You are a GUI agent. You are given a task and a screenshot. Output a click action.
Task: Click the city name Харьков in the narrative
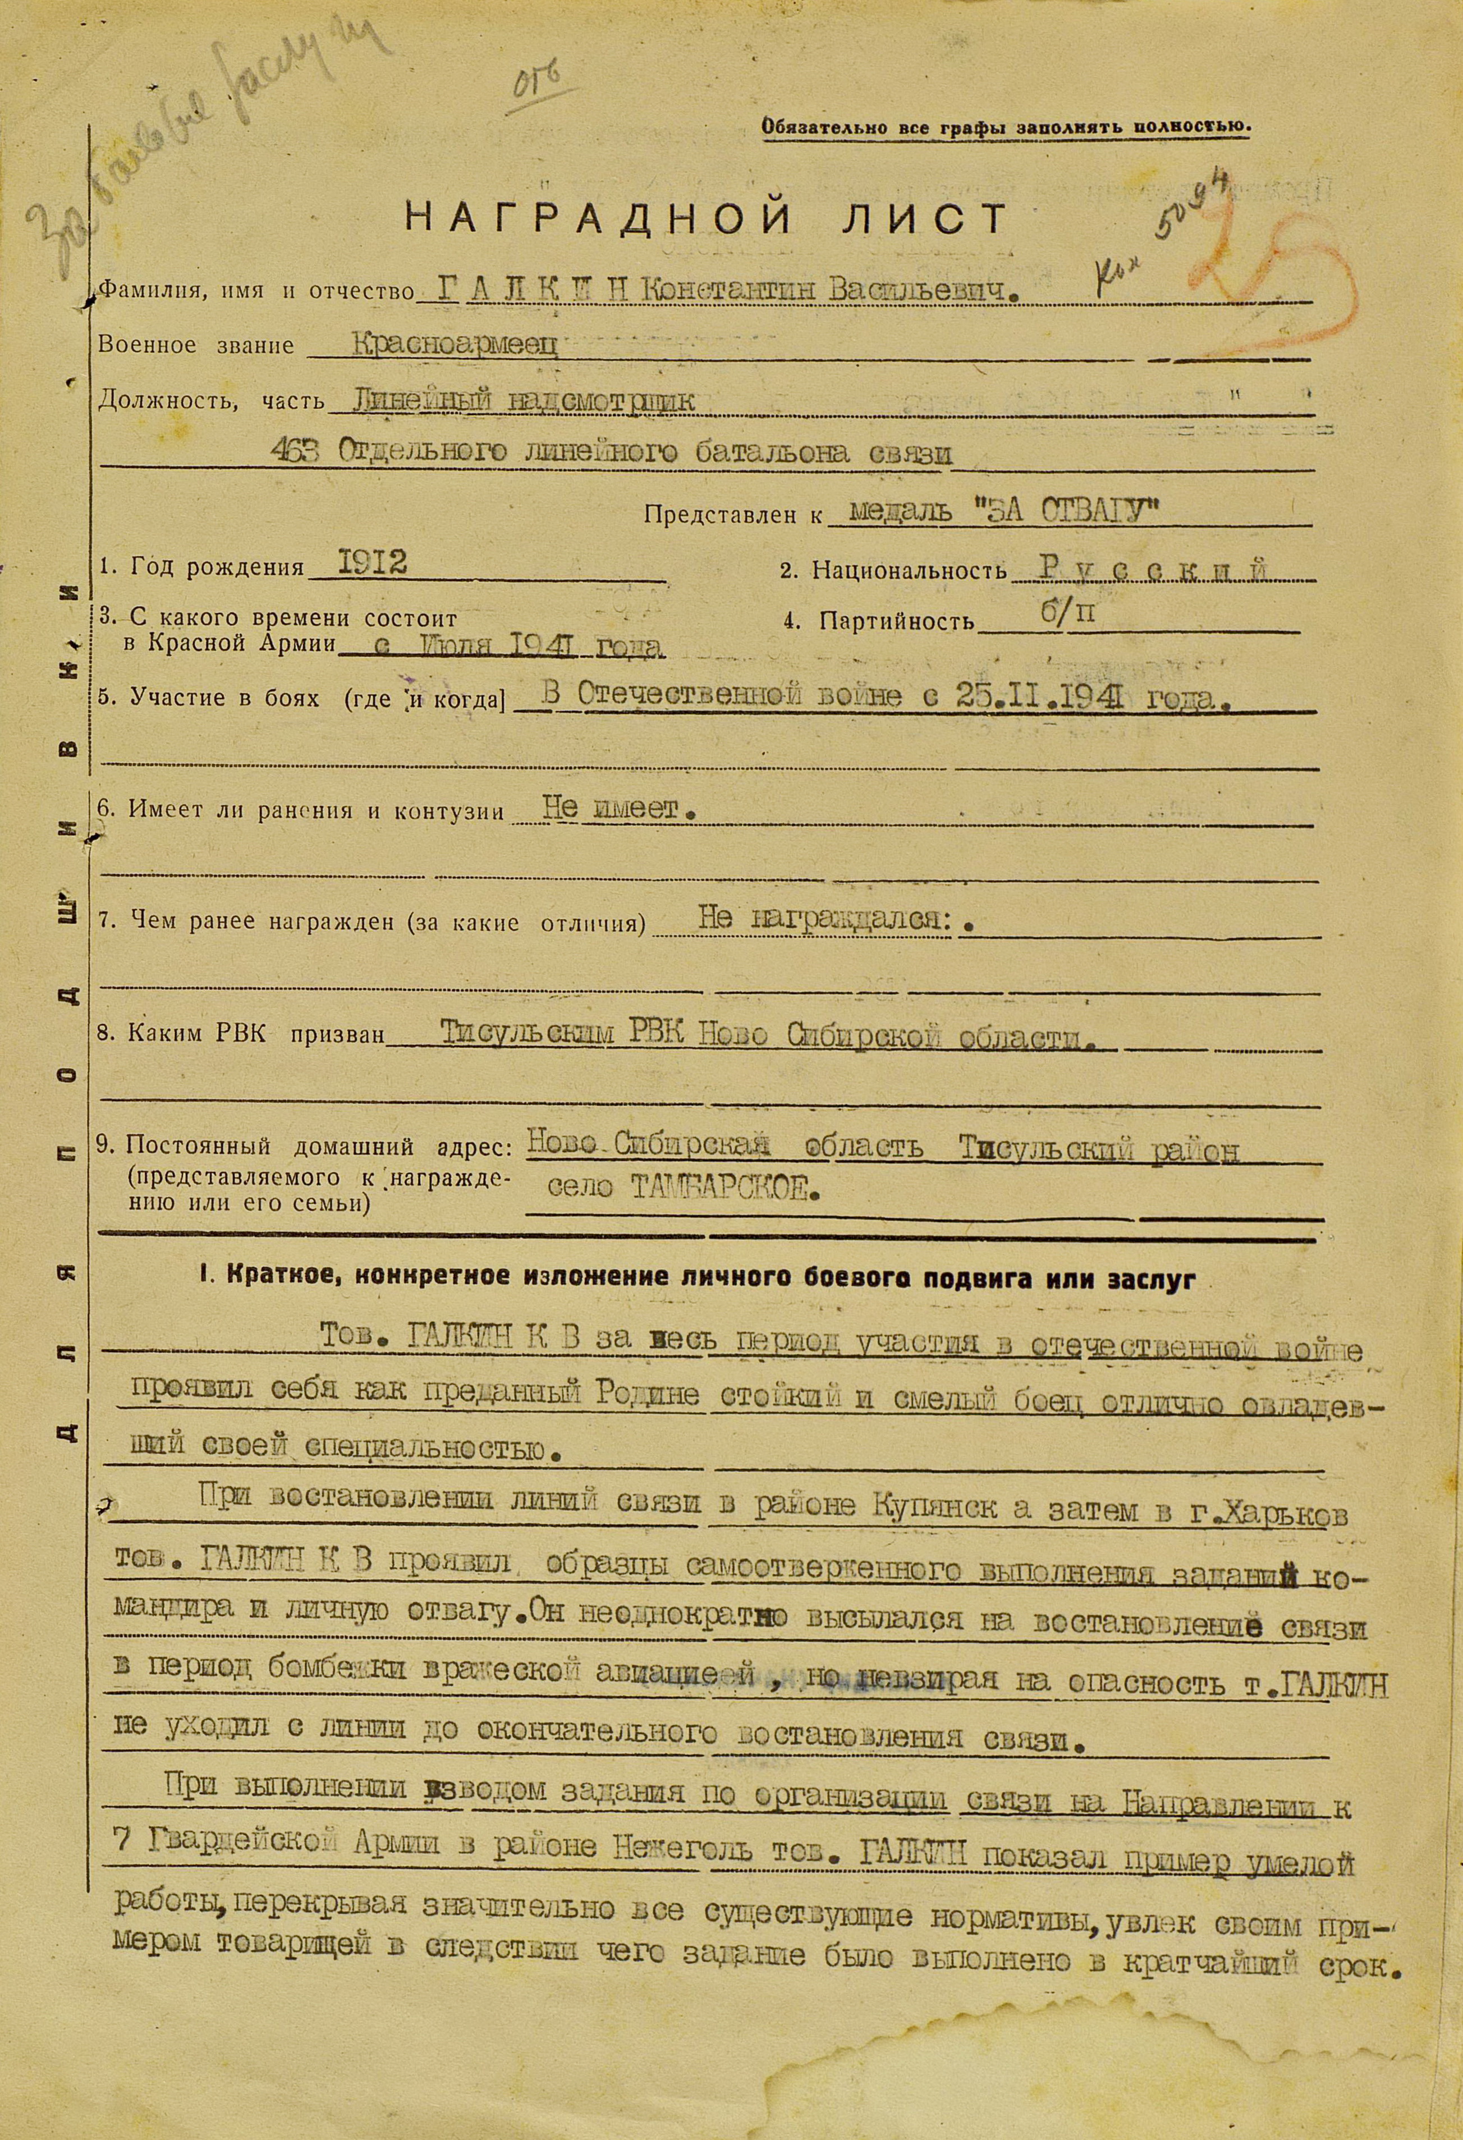(1274, 1514)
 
